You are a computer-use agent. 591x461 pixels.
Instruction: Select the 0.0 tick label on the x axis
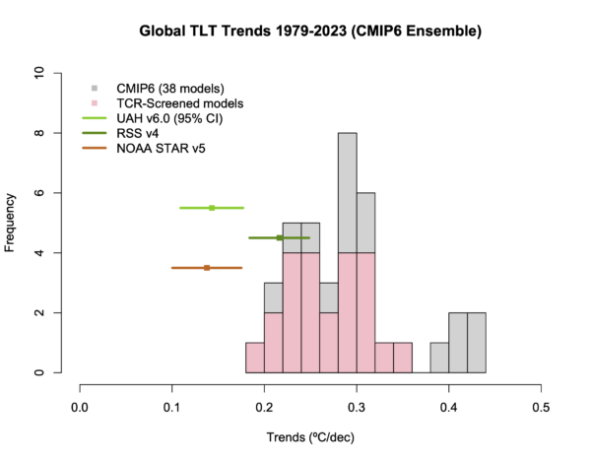click(80, 403)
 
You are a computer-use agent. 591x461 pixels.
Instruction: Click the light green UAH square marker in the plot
click(212, 208)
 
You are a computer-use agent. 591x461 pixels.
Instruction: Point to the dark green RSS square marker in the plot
click(280, 237)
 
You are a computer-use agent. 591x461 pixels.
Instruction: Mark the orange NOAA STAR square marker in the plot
click(207, 268)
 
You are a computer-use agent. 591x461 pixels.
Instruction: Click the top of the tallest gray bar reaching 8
click(347, 134)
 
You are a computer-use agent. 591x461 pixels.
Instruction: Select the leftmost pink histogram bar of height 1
click(254, 358)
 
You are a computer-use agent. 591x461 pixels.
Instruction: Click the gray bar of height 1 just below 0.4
click(439, 358)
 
